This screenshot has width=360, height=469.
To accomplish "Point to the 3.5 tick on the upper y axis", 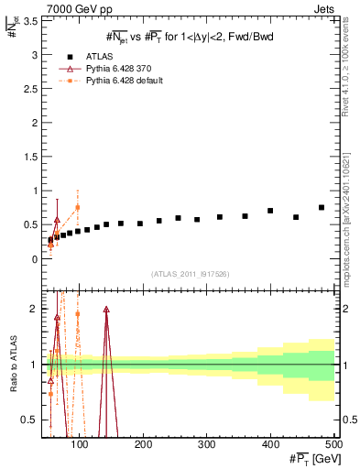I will [x=29, y=22].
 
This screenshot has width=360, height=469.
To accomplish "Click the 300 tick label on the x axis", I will [x=207, y=445].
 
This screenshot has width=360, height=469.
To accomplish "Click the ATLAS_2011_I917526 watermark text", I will [x=189, y=275].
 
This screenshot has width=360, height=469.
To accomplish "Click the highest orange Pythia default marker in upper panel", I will [x=78, y=207].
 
